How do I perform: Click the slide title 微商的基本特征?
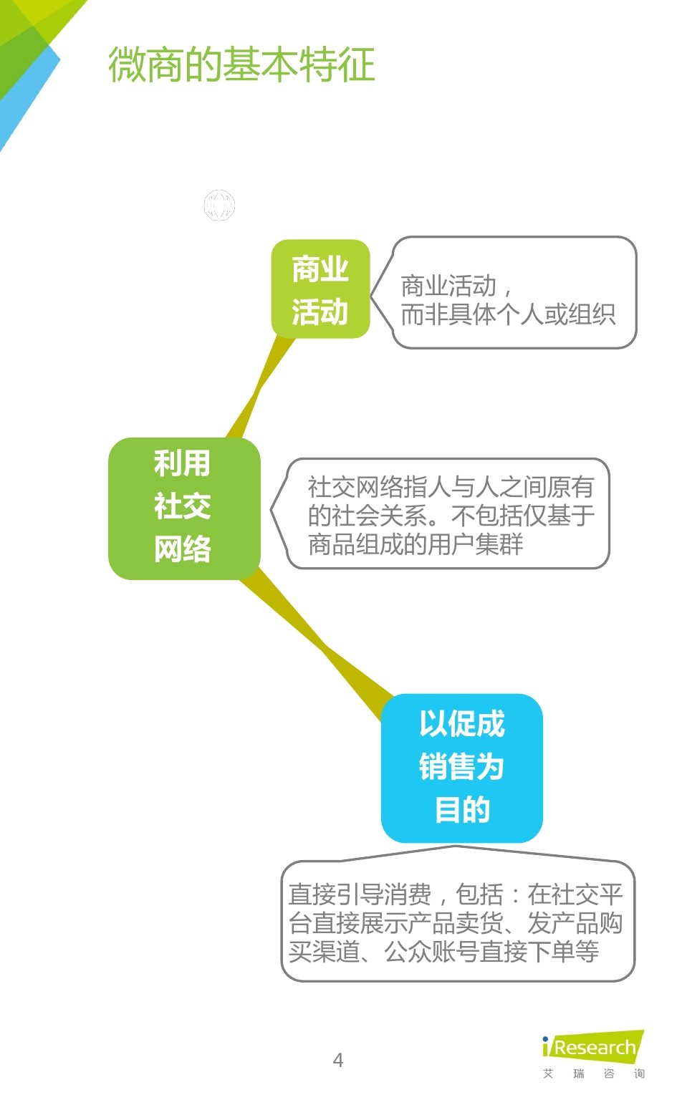(241, 64)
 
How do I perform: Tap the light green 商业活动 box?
(320, 289)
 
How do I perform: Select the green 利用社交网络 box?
(183, 508)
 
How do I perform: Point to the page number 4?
(338, 1061)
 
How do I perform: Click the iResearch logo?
(593, 1047)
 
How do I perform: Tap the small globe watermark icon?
(219, 206)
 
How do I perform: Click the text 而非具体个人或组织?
(508, 314)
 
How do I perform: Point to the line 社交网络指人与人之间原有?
(451, 487)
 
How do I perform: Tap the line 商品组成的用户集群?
(416, 544)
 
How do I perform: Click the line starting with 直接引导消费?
(456, 894)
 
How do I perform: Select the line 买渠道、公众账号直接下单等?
(443, 952)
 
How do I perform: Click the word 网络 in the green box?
(183, 550)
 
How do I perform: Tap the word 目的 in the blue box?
(462, 810)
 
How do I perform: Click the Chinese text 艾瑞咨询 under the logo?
(593, 1073)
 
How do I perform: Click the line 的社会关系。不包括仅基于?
(451, 516)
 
